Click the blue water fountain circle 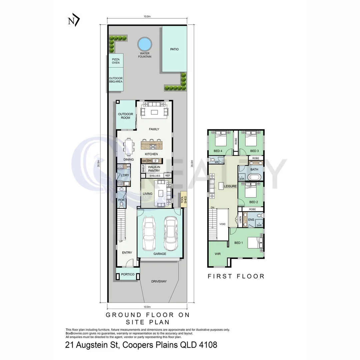click(x=145, y=44)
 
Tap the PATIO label click(x=174, y=49)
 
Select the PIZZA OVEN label click(x=116, y=61)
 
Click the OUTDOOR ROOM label click(x=126, y=116)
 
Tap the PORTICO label click(x=127, y=275)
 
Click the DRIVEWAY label click(x=159, y=281)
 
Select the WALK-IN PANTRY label click(x=154, y=169)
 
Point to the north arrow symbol click(x=74, y=21)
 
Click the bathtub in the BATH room click(x=254, y=177)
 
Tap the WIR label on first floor click(x=218, y=254)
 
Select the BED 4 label click(x=218, y=151)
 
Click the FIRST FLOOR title click(x=236, y=276)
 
